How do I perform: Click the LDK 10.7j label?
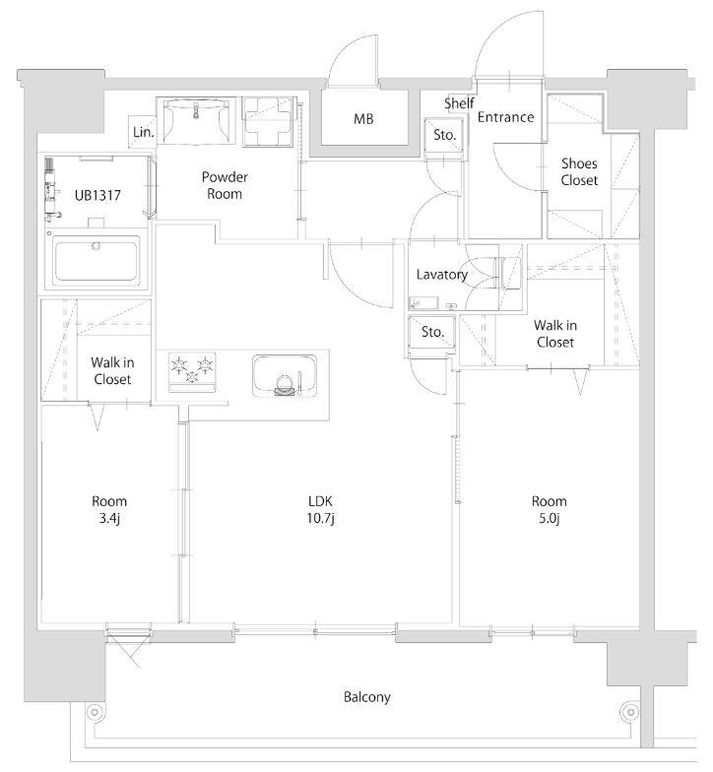tap(321, 510)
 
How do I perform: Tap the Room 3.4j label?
tap(109, 510)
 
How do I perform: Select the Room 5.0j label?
tap(550, 510)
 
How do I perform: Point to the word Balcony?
tap(366, 697)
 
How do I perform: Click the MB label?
tap(363, 118)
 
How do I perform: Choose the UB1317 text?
tap(97, 195)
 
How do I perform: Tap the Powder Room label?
tap(225, 185)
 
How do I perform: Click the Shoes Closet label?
tap(579, 171)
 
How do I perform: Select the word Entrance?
tap(506, 117)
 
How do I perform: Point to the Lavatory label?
tap(441, 275)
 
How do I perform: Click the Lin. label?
tap(144, 132)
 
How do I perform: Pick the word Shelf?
tap(459, 103)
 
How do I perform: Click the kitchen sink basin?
tap(285, 375)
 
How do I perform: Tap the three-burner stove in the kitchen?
tap(192, 372)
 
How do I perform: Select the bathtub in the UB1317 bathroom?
tap(97, 259)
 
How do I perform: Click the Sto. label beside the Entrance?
tap(445, 134)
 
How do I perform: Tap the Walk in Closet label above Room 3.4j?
tap(112, 371)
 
